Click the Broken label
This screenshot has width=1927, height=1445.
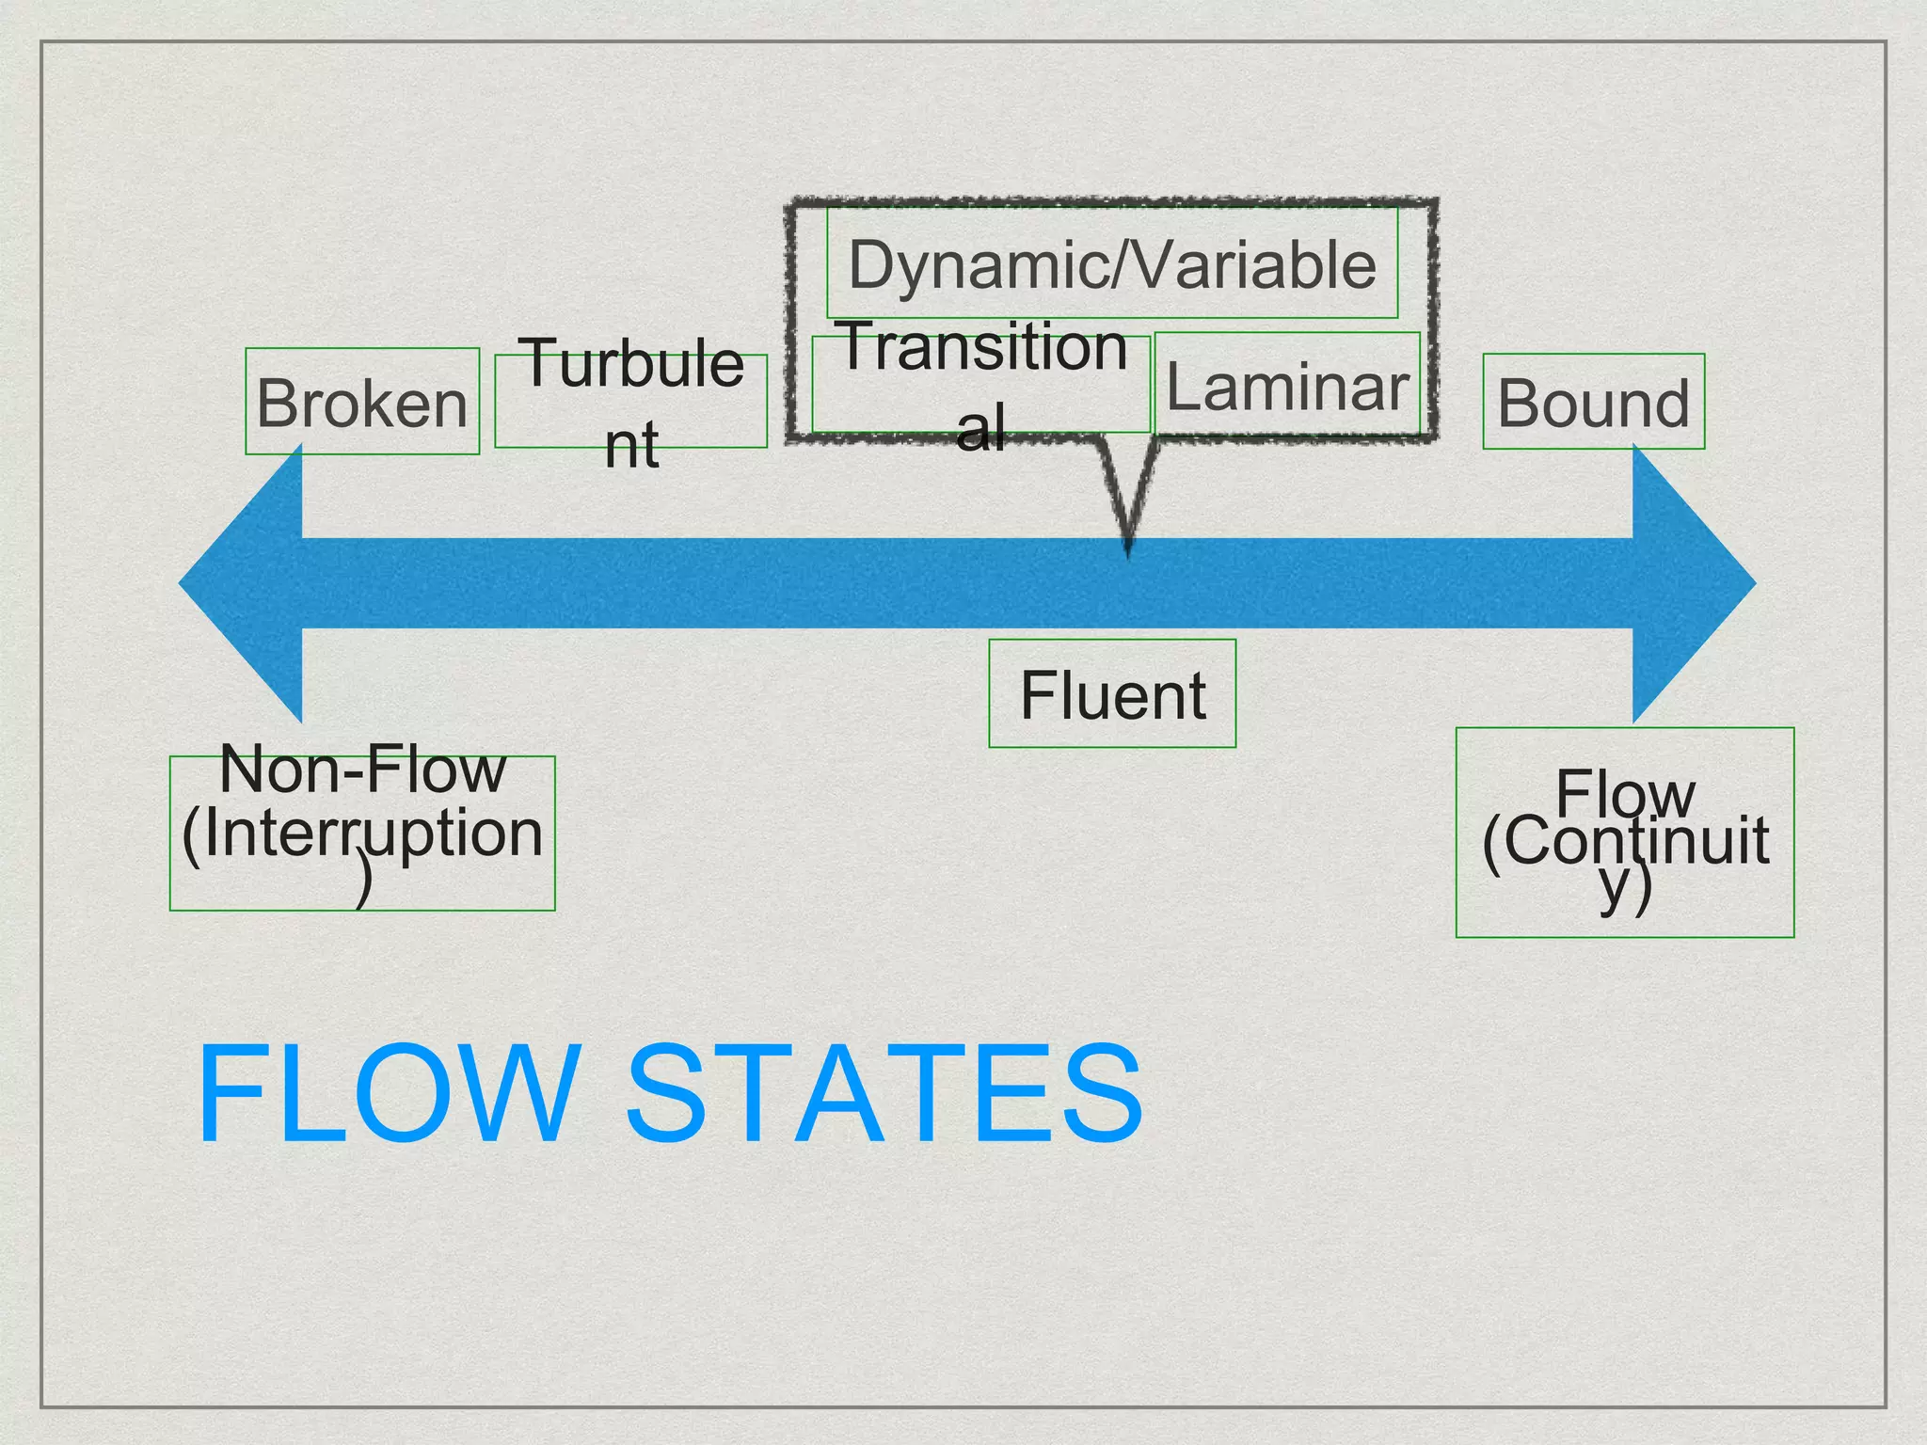tap(362, 404)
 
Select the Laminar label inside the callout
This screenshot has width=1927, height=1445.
tap(1287, 387)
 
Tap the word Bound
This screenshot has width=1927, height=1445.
tap(1594, 404)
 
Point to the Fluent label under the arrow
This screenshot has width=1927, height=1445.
tap(1112, 696)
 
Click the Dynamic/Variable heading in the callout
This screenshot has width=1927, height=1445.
tap(1112, 264)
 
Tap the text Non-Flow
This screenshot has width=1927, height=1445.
tap(362, 770)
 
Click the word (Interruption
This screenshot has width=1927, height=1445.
tap(362, 834)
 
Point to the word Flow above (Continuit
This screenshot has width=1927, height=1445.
tap(1625, 793)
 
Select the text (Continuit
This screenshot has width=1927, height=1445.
tap(1625, 840)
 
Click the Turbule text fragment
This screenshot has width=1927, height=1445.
tap(633, 363)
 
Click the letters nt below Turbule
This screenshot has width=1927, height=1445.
tap(631, 445)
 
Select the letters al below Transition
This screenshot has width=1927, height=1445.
tap(980, 427)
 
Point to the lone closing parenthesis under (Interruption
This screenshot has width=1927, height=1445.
tap(364, 884)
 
